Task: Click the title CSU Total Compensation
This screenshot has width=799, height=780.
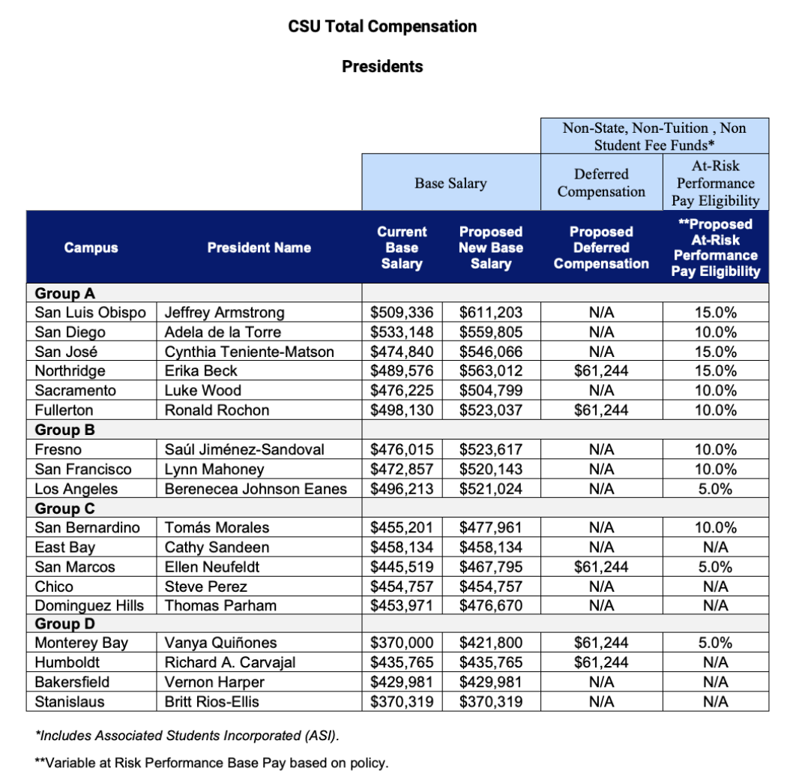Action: click(382, 26)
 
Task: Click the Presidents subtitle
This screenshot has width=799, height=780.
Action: click(382, 66)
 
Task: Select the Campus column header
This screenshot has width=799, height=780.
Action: click(91, 247)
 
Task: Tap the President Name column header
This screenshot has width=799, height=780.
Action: click(259, 247)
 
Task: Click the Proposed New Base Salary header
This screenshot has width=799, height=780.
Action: click(491, 247)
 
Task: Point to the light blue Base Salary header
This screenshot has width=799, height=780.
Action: click(450, 182)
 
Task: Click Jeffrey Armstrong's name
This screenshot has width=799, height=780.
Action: click(224, 312)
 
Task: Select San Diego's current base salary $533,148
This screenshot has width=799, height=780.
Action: click(402, 331)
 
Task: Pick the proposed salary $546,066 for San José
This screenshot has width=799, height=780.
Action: click(491, 351)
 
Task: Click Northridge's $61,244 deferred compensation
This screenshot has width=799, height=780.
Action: click(601, 370)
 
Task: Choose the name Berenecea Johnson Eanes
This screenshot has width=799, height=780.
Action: click(256, 488)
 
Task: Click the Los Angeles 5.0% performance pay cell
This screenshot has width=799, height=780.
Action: click(715, 488)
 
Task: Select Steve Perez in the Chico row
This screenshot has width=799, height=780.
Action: click(205, 586)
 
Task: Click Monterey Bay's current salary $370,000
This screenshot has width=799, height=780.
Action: click(402, 643)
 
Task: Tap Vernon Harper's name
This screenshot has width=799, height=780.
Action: click(214, 682)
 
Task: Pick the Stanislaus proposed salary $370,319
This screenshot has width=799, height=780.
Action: click(491, 701)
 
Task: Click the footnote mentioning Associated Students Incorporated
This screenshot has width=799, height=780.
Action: click(182, 734)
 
